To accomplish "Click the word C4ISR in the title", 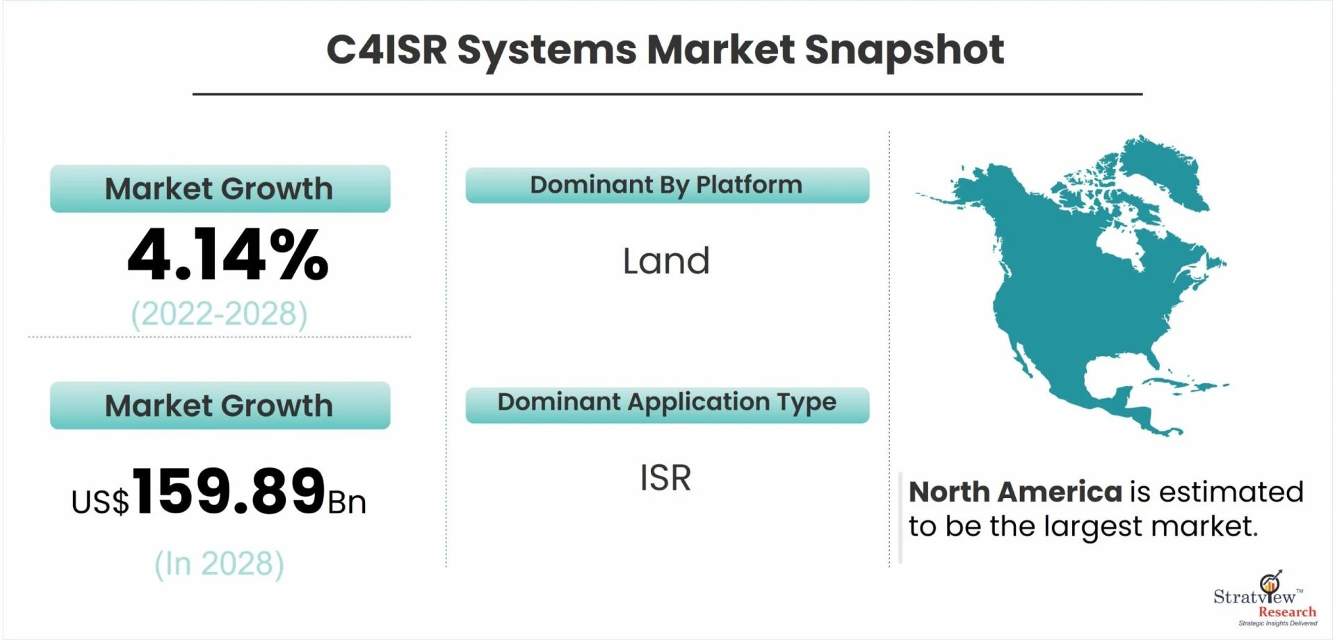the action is tap(387, 49).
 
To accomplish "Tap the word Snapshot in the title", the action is tap(904, 51).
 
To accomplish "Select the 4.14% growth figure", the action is tap(228, 255).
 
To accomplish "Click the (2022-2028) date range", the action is tap(219, 314).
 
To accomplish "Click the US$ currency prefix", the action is tap(100, 502).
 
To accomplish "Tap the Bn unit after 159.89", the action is tap(347, 502).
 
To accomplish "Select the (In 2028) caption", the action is tap(219, 563).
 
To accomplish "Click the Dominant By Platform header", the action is tap(666, 185).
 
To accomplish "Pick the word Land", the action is tap(666, 261).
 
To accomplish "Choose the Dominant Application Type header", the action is tap(667, 402).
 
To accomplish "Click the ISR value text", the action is tap(665, 478).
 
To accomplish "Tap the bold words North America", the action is tap(1015, 492).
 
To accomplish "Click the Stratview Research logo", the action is tap(1265, 599).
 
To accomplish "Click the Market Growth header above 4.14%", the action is tap(219, 189).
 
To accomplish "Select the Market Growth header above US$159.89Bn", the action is tap(219, 406).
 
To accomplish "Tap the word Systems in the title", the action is tap(547, 51).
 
